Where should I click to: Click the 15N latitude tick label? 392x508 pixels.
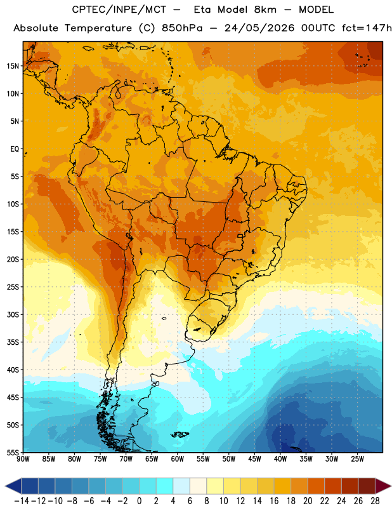coord(13,66)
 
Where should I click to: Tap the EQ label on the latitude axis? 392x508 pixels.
coord(15,149)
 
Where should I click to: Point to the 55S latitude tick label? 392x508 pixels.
coord(13,452)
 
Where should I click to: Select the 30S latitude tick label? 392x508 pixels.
coord(13,314)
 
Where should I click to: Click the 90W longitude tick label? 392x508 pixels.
coord(23,458)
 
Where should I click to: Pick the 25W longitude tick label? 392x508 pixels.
coord(357,458)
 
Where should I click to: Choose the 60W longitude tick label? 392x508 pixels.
coord(178,458)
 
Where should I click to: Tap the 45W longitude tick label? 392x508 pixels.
coord(254,458)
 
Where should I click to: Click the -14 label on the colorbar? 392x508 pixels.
coord(22,501)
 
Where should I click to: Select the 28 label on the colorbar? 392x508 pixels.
coord(375,501)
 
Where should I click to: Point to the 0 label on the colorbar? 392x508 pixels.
coord(139,501)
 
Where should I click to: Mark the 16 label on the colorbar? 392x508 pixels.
coord(274,501)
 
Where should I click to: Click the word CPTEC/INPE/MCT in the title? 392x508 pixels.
coord(119,10)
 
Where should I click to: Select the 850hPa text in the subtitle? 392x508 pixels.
coord(182,28)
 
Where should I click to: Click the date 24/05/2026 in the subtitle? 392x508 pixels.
coord(259,28)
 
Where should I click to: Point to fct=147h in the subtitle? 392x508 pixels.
coord(367,28)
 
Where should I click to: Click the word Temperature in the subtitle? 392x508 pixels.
coord(98,29)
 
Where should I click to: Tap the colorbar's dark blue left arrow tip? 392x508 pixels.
coord(5,486)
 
